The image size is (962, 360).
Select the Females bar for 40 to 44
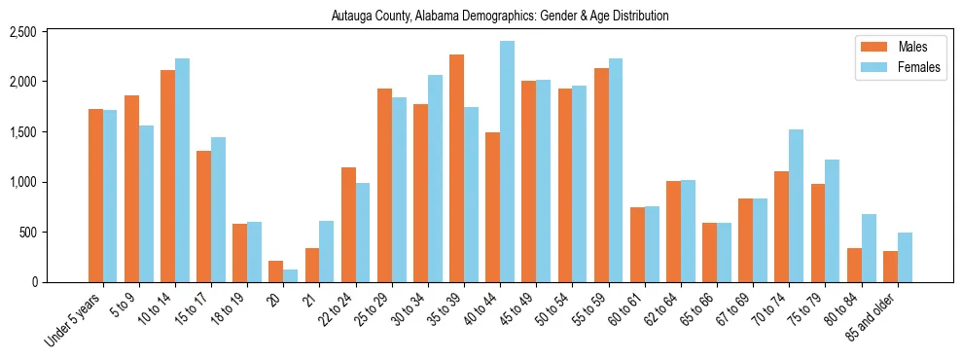(x=507, y=162)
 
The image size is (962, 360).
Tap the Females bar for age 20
(x=290, y=275)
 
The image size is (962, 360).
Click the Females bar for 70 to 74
(x=796, y=205)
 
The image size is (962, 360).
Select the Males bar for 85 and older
(x=890, y=267)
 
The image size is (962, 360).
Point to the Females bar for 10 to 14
(x=182, y=170)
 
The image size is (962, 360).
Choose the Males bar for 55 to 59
(x=601, y=175)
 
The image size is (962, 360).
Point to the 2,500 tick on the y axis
(x=50, y=32)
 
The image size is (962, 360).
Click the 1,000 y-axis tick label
(x=50, y=182)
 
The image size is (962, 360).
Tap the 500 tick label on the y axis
(x=55, y=233)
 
